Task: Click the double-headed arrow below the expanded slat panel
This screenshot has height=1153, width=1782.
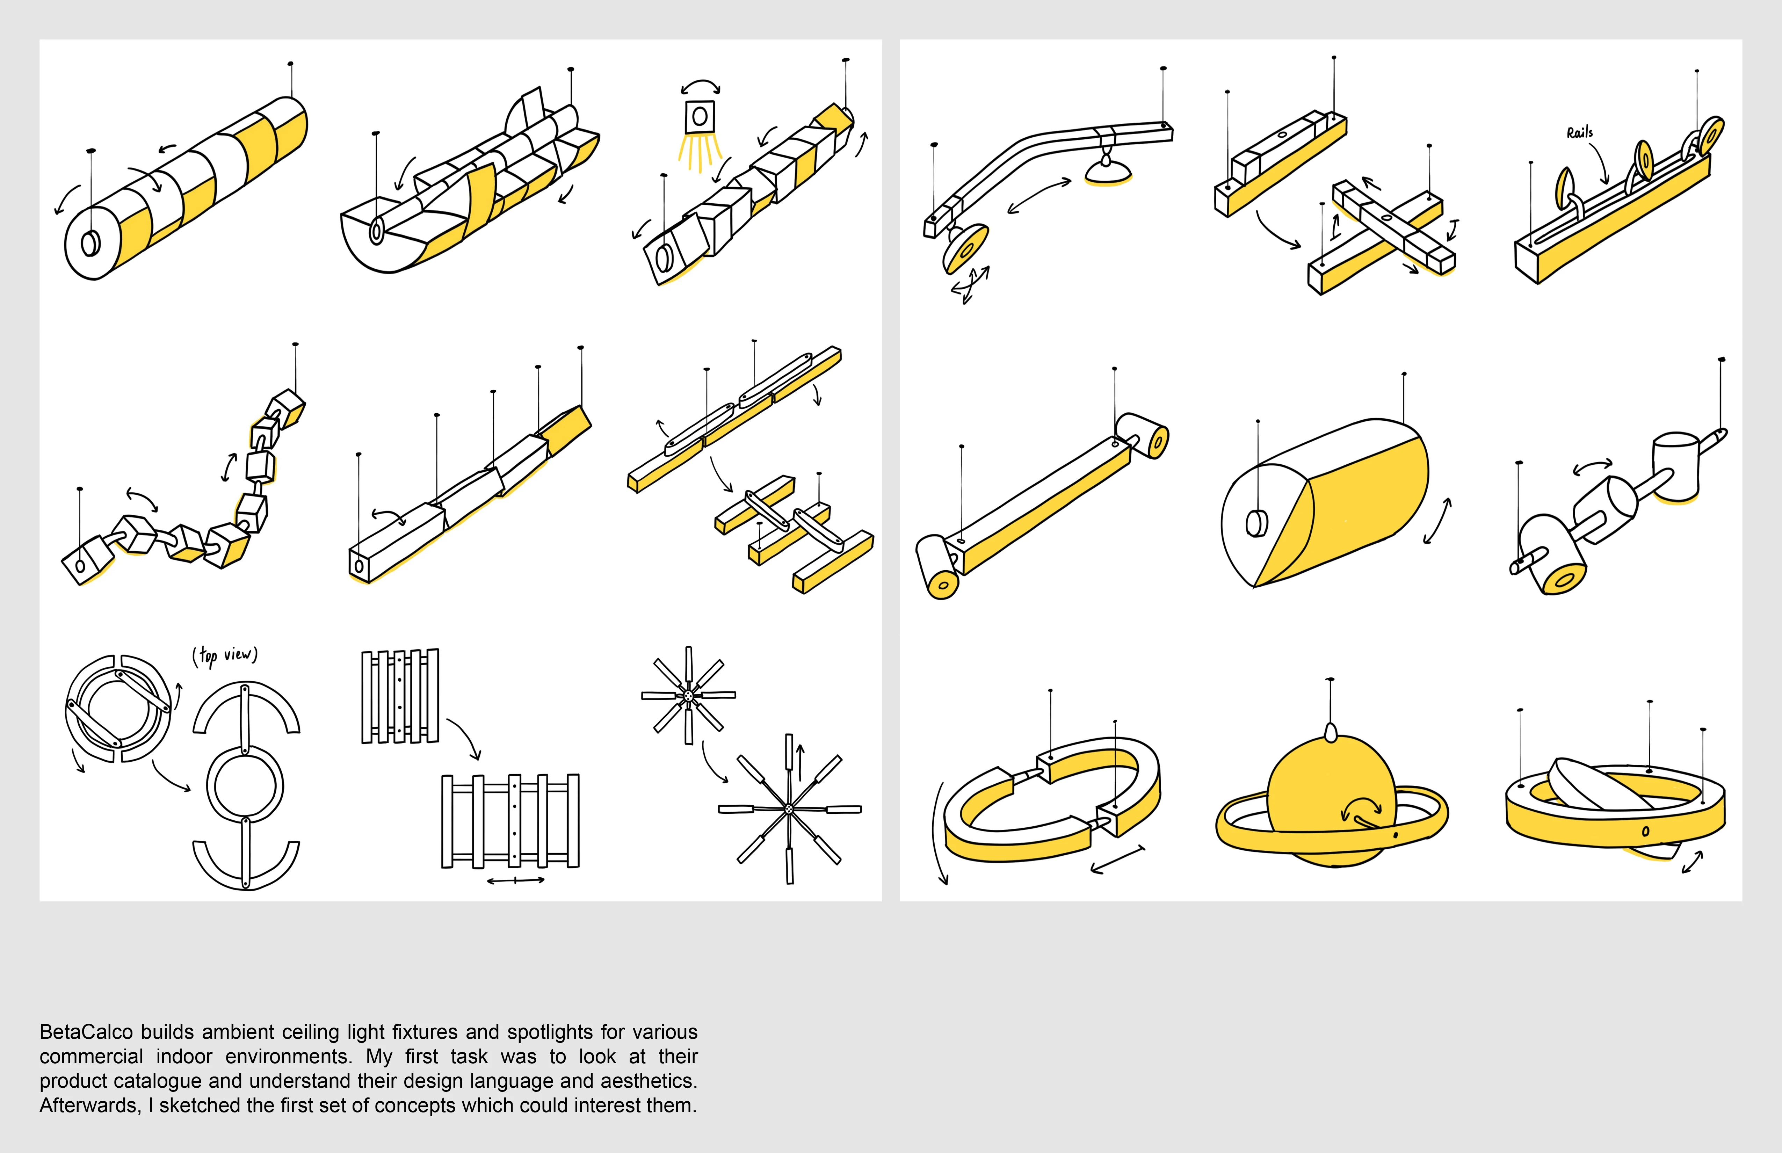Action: tap(515, 880)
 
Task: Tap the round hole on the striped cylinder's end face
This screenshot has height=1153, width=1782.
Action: tap(90, 243)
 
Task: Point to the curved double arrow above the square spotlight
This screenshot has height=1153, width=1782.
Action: tap(700, 86)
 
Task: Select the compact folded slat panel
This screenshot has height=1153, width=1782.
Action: tap(400, 696)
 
